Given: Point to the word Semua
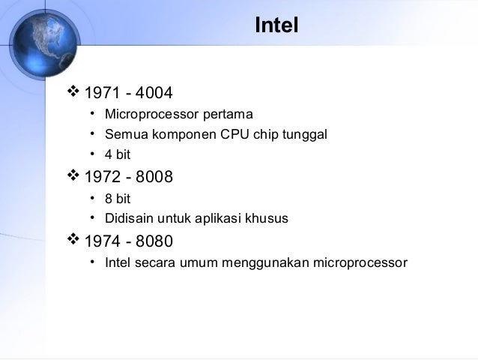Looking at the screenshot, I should pyautogui.click(x=124, y=135).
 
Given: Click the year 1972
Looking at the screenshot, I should pyautogui.click(x=101, y=178).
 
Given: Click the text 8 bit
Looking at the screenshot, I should pyautogui.click(x=119, y=199).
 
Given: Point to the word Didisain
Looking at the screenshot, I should pyautogui.click(x=128, y=219).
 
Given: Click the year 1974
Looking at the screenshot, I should pyautogui.click(x=101, y=242).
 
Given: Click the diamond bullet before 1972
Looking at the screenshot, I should pyautogui.click(x=73, y=177).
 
